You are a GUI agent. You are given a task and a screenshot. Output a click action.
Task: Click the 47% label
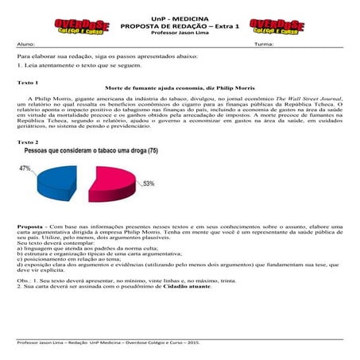(x=25, y=168)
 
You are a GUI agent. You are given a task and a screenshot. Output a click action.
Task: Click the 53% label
(x=149, y=184)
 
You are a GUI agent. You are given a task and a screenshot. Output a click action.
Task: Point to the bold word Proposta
(x=30, y=226)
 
